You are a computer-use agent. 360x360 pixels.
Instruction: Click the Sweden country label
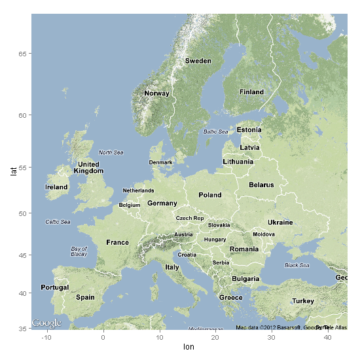click(198, 61)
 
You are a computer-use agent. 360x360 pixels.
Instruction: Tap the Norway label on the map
click(156, 93)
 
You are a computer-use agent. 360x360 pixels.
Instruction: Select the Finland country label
click(251, 92)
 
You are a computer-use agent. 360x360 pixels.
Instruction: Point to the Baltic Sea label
click(216, 132)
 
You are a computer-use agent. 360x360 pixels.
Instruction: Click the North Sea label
click(111, 153)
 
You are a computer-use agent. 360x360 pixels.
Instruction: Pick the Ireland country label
click(56, 187)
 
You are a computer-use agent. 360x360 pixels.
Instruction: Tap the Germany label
click(162, 204)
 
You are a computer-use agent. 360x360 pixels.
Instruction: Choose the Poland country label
click(210, 195)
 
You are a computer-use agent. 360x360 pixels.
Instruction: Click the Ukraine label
click(280, 223)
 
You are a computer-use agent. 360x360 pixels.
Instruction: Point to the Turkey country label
click(303, 301)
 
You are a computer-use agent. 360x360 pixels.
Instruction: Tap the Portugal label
click(54, 288)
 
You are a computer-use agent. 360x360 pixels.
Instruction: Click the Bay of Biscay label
click(79, 251)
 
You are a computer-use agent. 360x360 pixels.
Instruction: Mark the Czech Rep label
click(190, 218)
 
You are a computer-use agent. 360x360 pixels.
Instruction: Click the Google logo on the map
click(46, 323)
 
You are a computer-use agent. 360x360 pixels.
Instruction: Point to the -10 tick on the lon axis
click(46, 337)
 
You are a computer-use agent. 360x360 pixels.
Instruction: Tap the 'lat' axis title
click(12, 171)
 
